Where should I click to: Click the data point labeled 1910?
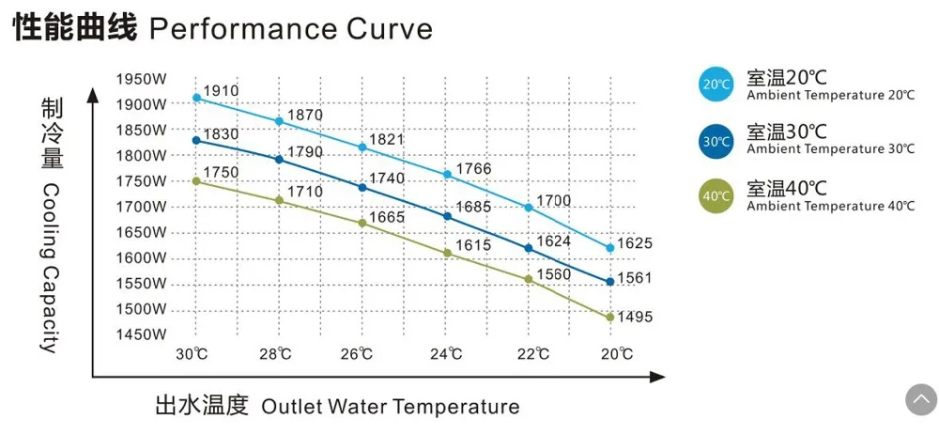(x=196, y=98)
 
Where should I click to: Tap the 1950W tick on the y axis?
(x=142, y=79)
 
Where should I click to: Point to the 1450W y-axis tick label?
(x=142, y=334)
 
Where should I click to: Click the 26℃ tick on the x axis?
(x=357, y=354)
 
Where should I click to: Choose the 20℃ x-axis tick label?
(x=616, y=354)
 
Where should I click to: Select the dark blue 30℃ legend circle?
(x=716, y=141)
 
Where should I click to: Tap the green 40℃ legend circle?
(x=716, y=196)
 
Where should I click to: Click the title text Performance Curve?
(x=291, y=28)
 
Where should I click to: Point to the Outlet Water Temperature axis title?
(x=390, y=407)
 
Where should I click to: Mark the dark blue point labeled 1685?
(x=447, y=216)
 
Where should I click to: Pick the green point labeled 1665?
(x=362, y=223)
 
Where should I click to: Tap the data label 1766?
(x=474, y=170)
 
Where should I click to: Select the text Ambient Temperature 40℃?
(x=830, y=206)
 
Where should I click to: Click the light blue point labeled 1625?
(x=610, y=248)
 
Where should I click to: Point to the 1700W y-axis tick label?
(x=142, y=207)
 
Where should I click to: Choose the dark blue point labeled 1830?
(x=196, y=140)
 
